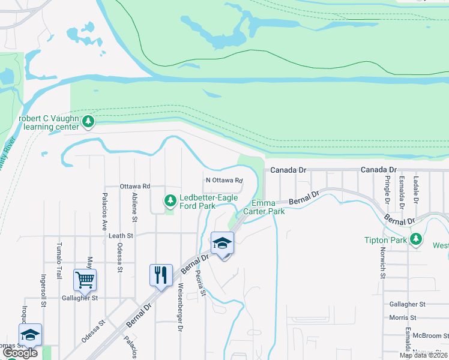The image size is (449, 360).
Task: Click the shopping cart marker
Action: click(85, 280)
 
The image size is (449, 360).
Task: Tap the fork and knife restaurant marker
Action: click(160, 275)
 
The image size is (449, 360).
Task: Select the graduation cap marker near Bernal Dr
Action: click(222, 243)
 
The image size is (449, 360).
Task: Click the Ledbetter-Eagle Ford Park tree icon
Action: click(170, 200)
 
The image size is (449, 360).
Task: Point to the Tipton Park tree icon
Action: click(415, 240)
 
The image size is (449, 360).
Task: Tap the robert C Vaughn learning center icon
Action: click(89, 122)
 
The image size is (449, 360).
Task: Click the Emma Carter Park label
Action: click(268, 208)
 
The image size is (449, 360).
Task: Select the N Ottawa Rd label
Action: click(224, 180)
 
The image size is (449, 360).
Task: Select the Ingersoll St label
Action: click(43, 291)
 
